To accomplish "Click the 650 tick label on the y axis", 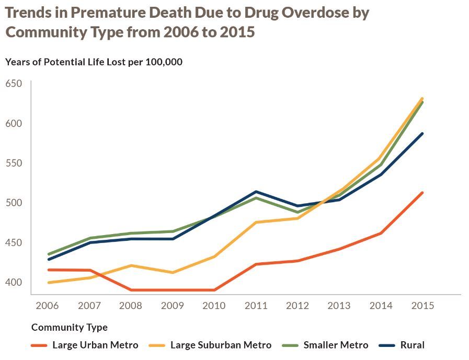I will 14,84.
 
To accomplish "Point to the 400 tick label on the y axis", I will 14,282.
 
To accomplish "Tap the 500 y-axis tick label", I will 14,203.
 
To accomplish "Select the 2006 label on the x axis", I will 47,306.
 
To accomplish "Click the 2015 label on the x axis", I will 422,306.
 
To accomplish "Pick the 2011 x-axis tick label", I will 256,306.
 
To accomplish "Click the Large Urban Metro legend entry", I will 95,345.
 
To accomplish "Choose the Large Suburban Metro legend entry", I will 221,345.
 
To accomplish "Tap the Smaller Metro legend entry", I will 336,345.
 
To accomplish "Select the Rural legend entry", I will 412,345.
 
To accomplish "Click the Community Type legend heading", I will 70,328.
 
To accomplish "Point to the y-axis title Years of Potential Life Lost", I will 94,62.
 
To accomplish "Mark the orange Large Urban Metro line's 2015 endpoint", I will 422,193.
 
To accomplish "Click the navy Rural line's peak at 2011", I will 256,192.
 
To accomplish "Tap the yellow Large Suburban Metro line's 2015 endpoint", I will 422,98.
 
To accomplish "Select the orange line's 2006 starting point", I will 49,270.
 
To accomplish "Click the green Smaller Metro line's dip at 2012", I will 298,212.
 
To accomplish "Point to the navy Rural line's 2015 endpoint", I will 422,134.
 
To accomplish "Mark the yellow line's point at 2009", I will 173,272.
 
